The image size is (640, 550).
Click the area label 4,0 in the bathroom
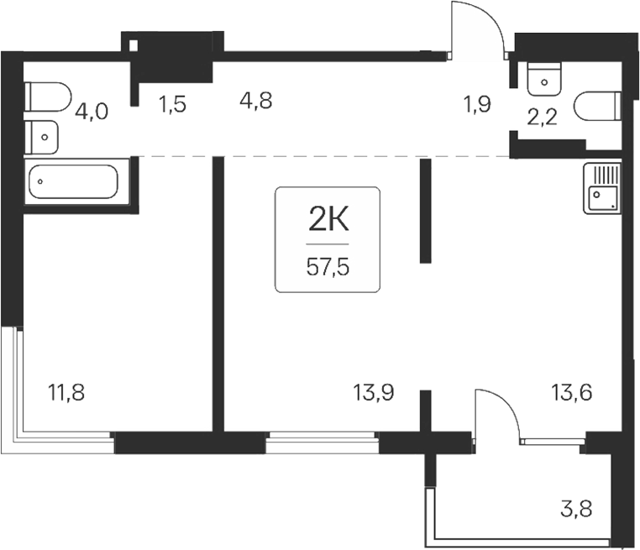point(90,112)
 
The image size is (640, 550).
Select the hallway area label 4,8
point(254,102)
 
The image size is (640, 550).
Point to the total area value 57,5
point(328,269)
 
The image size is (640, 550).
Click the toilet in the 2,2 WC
point(597,107)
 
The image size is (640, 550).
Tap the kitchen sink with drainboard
point(601,188)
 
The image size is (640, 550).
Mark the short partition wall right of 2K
point(425,212)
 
